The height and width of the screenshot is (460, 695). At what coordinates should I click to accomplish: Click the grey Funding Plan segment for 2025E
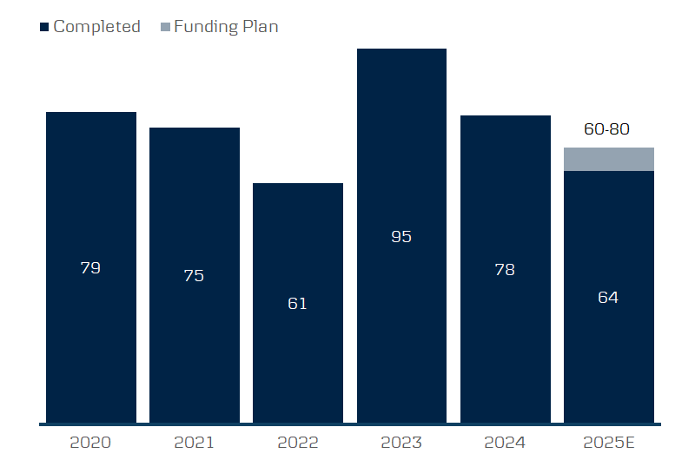click(x=608, y=160)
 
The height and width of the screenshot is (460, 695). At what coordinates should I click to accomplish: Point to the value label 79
click(x=90, y=268)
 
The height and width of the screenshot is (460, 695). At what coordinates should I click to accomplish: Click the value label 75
click(x=194, y=276)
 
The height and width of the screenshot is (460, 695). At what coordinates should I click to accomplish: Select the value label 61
click(x=297, y=304)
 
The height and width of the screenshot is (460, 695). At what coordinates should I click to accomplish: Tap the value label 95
click(x=401, y=237)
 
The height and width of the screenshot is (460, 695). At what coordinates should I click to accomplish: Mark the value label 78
click(x=505, y=270)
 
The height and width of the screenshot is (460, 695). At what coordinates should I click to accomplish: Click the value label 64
click(x=608, y=297)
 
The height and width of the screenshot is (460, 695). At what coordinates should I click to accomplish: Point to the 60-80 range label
click(x=606, y=129)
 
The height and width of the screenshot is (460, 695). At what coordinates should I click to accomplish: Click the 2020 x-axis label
click(x=90, y=443)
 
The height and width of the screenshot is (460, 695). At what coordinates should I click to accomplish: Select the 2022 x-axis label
click(x=297, y=443)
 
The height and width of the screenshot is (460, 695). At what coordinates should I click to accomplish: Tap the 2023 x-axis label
click(x=401, y=443)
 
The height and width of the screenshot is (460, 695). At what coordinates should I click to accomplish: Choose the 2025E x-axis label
click(x=608, y=443)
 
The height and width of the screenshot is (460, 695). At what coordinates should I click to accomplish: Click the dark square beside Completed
click(x=44, y=27)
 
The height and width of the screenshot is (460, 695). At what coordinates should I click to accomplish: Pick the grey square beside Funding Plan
click(x=165, y=27)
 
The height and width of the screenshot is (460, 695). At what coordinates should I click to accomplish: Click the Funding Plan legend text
click(x=226, y=27)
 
